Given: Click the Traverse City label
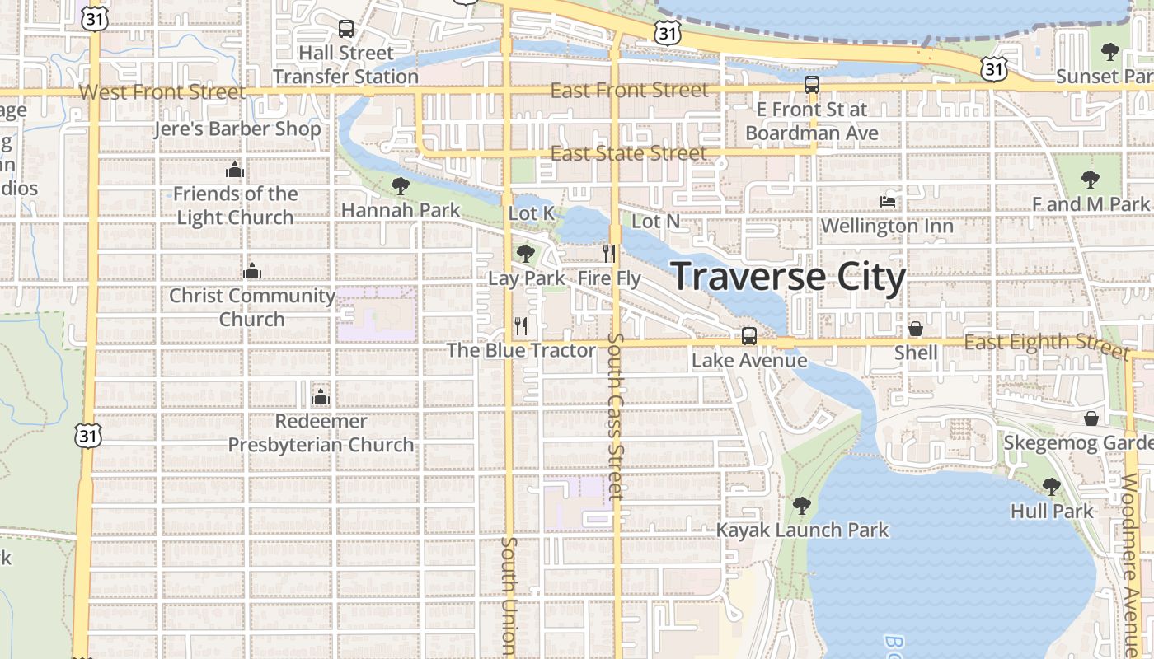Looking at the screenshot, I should tap(789, 277).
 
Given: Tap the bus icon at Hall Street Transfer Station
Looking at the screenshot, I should tap(346, 29).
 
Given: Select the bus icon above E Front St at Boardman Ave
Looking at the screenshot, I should tap(811, 85).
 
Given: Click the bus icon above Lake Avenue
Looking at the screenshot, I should tap(748, 335).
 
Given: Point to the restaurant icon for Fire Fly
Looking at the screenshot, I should tap(609, 253).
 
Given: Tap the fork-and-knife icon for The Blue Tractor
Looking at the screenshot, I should tap(521, 325).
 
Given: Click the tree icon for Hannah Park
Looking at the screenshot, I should tap(401, 186).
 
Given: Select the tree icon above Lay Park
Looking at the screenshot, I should tap(525, 253).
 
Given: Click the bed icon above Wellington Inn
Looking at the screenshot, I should tap(888, 201).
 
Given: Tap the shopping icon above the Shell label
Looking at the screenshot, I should tap(915, 329).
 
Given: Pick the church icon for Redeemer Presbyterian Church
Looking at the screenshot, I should tap(321, 397).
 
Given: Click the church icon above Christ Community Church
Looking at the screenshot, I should tap(252, 271).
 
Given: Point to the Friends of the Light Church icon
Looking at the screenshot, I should tap(235, 171).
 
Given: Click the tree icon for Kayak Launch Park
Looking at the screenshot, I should tap(801, 506).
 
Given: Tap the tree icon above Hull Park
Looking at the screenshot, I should tap(1051, 486).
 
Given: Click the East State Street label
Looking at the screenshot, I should tap(628, 154).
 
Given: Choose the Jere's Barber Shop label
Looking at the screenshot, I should tap(237, 129).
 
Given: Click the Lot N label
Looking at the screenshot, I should tap(655, 222).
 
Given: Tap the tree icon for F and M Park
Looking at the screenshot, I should tap(1091, 179).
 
